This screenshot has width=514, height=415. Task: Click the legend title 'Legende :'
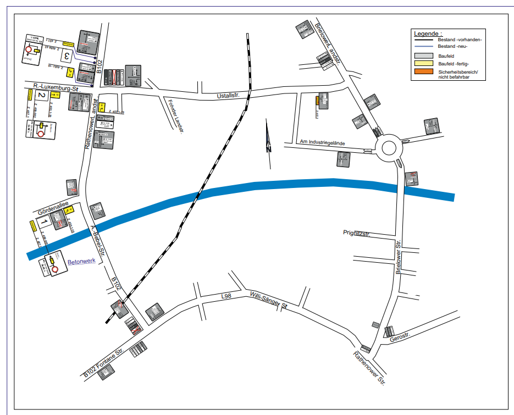(x=428, y=34)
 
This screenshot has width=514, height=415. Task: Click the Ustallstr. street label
(x=230, y=97)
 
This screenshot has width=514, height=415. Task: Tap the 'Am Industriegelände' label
(x=323, y=143)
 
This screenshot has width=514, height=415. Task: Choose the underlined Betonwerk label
(x=81, y=263)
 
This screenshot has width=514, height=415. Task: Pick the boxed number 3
(x=67, y=56)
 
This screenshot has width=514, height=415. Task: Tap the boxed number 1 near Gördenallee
(x=43, y=222)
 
